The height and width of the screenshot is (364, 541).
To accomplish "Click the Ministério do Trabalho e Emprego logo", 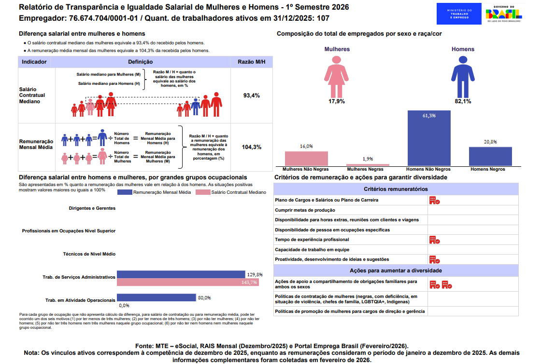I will [458, 13].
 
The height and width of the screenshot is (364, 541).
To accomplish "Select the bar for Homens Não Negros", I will [429, 138].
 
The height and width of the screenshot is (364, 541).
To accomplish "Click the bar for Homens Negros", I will [490, 156].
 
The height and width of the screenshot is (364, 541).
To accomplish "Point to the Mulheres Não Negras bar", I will [306, 159].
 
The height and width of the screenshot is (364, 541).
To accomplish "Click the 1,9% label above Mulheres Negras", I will [368, 159].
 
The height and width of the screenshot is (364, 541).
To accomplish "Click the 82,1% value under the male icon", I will [463, 101].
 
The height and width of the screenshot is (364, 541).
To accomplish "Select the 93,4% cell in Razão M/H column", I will [252, 95].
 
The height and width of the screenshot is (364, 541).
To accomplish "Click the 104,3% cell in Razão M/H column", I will [252, 147].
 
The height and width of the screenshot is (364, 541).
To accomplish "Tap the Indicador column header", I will [34, 62].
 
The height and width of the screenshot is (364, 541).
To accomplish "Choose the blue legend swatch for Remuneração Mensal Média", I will [125, 192].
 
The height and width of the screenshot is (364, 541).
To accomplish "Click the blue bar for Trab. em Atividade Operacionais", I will [156, 297].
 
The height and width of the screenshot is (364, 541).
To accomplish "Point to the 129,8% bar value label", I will [255, 274].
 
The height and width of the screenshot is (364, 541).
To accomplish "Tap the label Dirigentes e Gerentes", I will [92, 208].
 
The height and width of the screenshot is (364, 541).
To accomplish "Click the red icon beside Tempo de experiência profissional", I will [434, 240].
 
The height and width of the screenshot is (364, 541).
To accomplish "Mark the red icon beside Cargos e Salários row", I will [434, 200].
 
